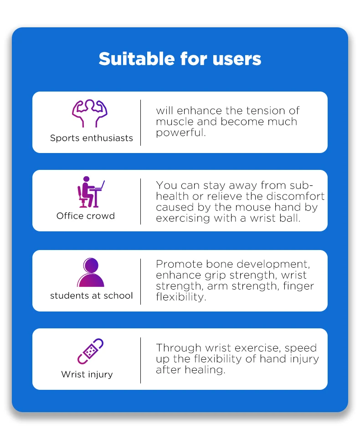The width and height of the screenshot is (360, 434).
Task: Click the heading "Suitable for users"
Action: (x=180, y=59)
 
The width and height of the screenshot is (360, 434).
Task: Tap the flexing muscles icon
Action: (x=90, y=113)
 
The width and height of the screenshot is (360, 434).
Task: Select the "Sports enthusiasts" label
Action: (x=92, y=138)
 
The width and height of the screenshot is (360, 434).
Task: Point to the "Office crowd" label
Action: (x=86, y=216)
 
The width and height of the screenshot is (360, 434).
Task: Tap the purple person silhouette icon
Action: (x=91, y=272)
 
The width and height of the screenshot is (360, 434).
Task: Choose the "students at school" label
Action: (x=92, y=296)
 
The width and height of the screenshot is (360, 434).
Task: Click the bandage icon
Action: (x=90, y=351)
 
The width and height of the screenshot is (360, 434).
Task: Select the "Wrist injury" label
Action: (x=87, y=374)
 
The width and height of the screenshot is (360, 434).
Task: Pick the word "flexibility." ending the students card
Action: (x=180, y=297)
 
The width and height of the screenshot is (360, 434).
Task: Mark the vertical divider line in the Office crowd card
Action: (x=140, y=201)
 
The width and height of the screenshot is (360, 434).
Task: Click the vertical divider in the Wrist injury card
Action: (x=140, y=360)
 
